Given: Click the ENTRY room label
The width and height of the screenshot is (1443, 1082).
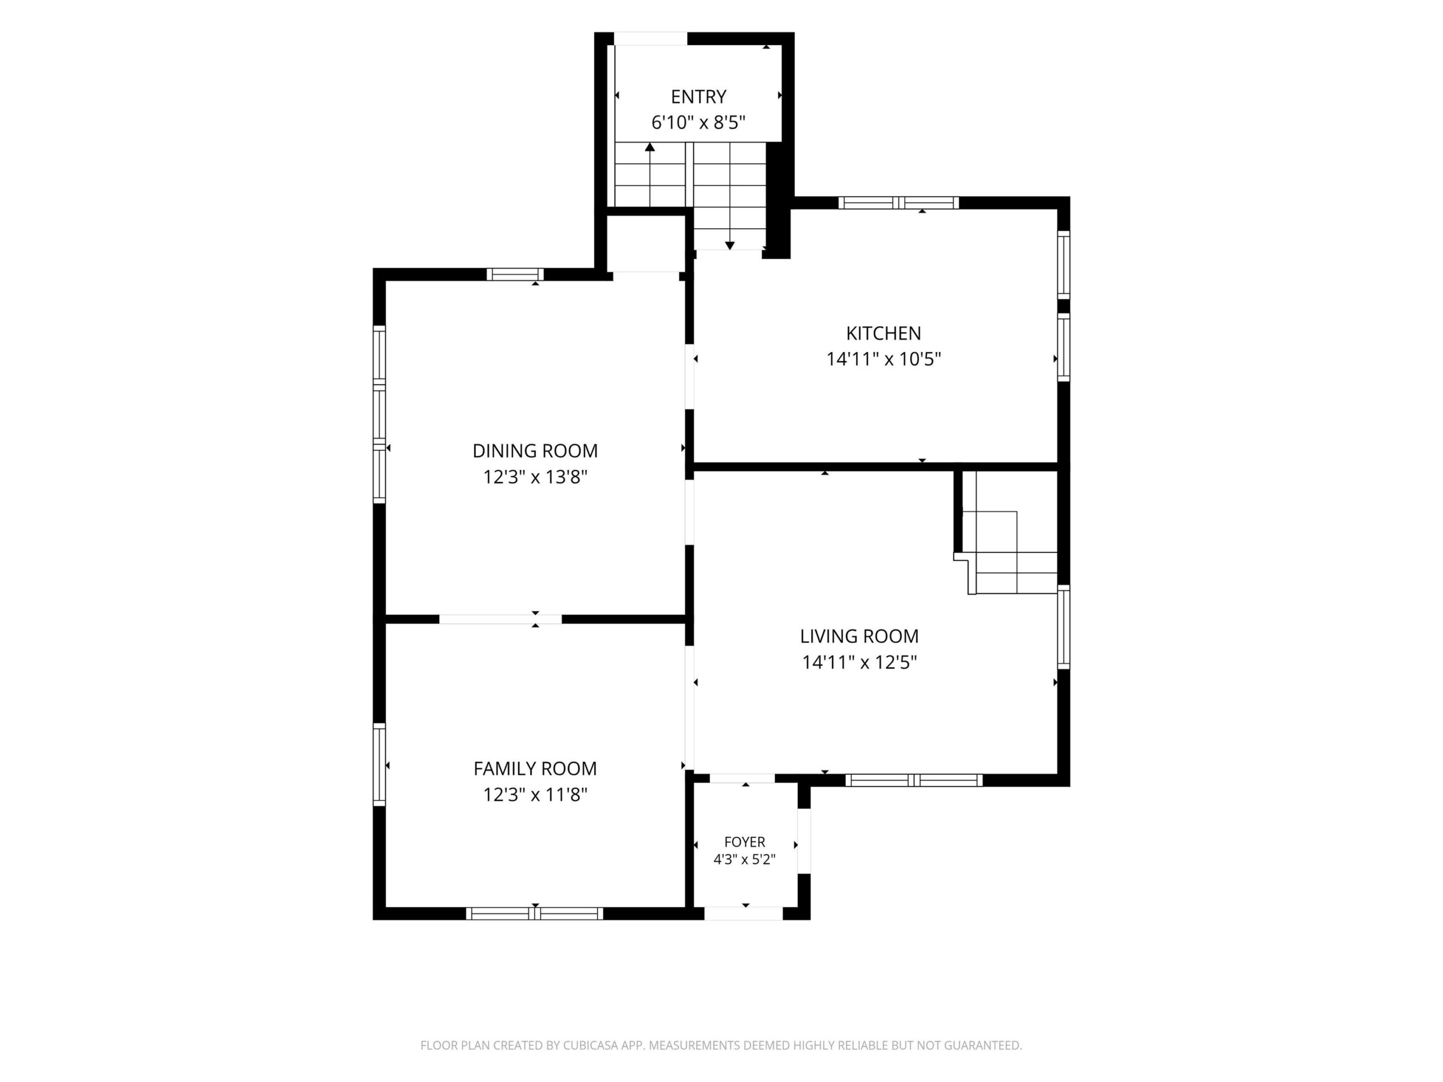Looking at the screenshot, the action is point(698,96).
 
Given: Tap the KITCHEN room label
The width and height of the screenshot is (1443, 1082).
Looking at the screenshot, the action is point(883,333).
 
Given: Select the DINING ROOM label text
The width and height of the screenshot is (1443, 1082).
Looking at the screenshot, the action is point(535,451).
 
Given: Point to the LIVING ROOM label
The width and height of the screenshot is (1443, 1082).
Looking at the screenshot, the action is point(859,636).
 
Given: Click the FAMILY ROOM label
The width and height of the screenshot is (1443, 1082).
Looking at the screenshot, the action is point(535,768).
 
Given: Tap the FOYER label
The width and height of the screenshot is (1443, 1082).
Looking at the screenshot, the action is point(745,841).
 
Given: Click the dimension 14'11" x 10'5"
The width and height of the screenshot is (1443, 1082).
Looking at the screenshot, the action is point(883,360).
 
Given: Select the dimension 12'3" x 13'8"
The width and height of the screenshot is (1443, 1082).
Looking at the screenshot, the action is point(535,477).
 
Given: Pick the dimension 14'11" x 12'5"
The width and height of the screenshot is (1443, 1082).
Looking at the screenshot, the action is point(859,663).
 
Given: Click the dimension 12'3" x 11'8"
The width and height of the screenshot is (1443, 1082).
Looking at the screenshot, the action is point(535,795).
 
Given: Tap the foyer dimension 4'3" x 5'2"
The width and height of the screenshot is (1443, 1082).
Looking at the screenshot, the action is point(745,859).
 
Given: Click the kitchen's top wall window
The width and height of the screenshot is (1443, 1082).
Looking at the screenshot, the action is point(898,203).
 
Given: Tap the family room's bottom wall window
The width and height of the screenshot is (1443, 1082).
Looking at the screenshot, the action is point(534,914).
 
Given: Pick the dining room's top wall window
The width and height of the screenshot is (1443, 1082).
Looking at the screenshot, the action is point(515,274).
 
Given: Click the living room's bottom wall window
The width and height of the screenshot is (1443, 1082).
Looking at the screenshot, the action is point(914,780).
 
